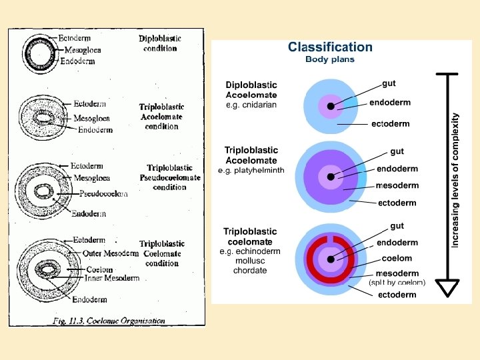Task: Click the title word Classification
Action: [330, 47]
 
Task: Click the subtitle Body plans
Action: [330, 59]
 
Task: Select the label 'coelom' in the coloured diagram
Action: [397, 258]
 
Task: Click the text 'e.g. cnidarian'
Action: [251, 105]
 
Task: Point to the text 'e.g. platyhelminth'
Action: [251, 170]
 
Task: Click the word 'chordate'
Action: [250, 271]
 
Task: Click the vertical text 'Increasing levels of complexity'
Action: [455, 180]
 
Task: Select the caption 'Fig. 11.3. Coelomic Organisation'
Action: [109, 321]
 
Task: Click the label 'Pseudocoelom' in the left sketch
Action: [103, 194]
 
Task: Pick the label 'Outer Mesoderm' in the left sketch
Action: [111, 253]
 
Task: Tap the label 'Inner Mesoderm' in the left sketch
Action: [113, 278]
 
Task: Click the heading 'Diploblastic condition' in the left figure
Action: [160, 43]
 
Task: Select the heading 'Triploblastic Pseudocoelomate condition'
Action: [169, 177]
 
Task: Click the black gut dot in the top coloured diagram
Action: [331, 106]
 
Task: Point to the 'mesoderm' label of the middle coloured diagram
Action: [397, 185]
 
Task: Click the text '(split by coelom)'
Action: [397, 283]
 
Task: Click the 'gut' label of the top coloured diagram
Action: [389, 83]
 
